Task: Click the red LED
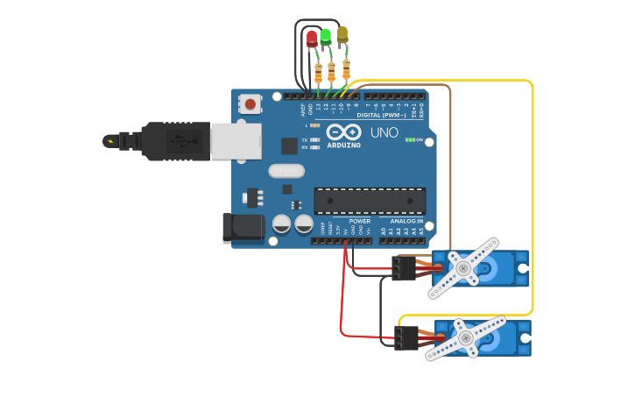pos(312,39)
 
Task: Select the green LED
pos(326,37)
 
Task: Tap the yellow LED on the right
pos(342,34)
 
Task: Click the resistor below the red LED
pos(318,74)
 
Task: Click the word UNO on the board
pos(384,133)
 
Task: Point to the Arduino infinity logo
pos(342,131)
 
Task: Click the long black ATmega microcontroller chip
pos(370,200)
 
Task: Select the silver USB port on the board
pos(236,140)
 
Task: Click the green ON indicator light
pos(409,140)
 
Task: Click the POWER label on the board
pos(359,222)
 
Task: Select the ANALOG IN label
pos(406,222)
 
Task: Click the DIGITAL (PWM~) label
pos(381,115)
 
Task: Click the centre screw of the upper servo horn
pos(462,268)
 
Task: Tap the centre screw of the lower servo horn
pos(464,337)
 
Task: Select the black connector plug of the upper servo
pos(404,267)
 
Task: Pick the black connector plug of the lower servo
pos(406,337)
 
